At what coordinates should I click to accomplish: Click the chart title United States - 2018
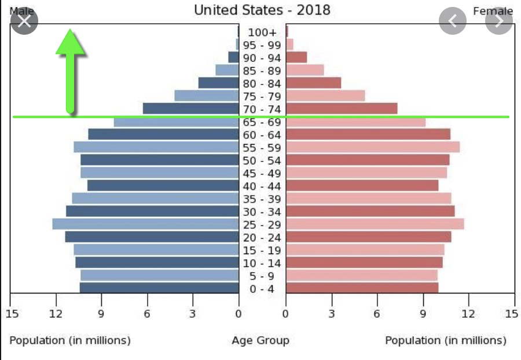tap(262, 10)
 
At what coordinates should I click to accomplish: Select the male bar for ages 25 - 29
tap(145, 224)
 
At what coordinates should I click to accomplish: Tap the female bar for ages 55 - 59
tap(373, 147)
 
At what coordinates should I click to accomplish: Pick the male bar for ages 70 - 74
tap(190, 109)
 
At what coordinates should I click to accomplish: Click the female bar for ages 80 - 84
tap(313, 83)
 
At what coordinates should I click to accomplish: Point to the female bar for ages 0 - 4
tap(362, 288)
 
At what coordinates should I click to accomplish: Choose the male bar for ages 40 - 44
tap(163, 185)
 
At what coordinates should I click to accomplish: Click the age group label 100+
tap(262, 32)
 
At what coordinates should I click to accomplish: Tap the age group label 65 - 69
tap(262, 122)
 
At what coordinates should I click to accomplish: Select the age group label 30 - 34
tap(262, 212)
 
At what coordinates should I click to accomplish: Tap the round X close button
tap(24, 21)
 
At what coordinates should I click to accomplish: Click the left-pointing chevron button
tap(453, 21)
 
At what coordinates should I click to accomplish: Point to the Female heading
tap(493, 11)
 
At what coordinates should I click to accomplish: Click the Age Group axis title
tap(260, 340)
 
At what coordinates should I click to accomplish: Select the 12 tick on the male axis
tap(56, 314)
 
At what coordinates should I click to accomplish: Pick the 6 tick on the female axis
tap(377, 314)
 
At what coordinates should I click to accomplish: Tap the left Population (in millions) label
tap(70, 340)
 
